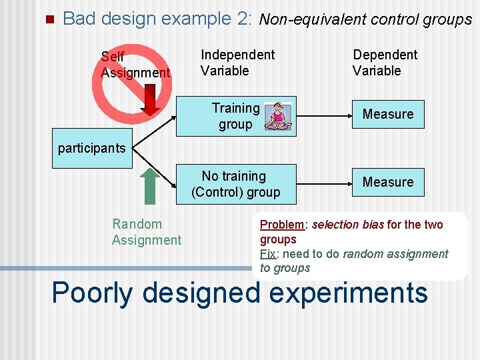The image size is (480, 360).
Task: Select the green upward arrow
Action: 149,185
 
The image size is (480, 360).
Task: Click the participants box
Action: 92,148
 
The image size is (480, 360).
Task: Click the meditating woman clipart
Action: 278,116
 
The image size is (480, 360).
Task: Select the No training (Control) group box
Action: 235,184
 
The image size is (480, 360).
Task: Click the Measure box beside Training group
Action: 388,114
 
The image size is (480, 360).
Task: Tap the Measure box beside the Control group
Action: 388,182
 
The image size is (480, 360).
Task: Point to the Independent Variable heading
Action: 237,63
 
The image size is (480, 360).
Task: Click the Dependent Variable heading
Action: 385,63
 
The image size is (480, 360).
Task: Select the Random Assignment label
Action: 146,232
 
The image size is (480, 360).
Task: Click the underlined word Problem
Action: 281,225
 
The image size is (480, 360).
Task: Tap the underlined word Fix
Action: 267,254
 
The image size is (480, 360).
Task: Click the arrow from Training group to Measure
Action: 323,115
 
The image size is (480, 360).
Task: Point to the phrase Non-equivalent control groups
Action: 365,20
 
